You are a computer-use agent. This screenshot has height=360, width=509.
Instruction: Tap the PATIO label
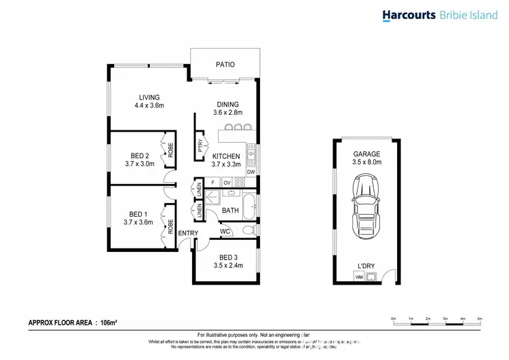pyautogui.click(x=225, y=65)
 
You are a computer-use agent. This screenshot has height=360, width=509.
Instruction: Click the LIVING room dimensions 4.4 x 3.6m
pyautogui.click(x=149, y=106)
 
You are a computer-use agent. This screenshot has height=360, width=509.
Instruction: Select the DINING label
pyautogui.click(x=228, y=104)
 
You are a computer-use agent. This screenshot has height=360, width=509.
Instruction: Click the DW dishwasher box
pyautogui.click(x=250, y=172)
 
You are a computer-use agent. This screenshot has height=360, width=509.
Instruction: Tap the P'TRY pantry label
pyautogui.click(x=200, y=146)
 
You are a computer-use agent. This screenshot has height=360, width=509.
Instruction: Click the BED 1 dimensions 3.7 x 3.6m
pyautogui.click(x=138, y=222)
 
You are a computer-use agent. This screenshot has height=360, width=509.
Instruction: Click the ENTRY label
pyautogui.click(x=188, y=234)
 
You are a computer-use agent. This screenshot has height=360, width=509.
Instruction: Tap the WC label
pyautogui.click(x=225, y=232)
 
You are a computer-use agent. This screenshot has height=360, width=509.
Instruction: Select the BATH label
pyautogui.click(x=230, y=211)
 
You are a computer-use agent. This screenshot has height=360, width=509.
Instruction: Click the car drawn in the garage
pyautogui.click(x=366, y=204)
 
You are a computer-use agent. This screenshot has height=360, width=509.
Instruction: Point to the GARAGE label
pyautogui.click(x=366, y=154)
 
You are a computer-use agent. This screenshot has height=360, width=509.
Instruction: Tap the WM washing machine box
pyautogui.click(x=358, y=277)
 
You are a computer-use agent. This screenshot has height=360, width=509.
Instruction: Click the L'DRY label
pyautogui.click(x=366, y=266)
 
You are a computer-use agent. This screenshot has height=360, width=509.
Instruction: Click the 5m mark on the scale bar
pyautogui.click(x=480, y=318)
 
